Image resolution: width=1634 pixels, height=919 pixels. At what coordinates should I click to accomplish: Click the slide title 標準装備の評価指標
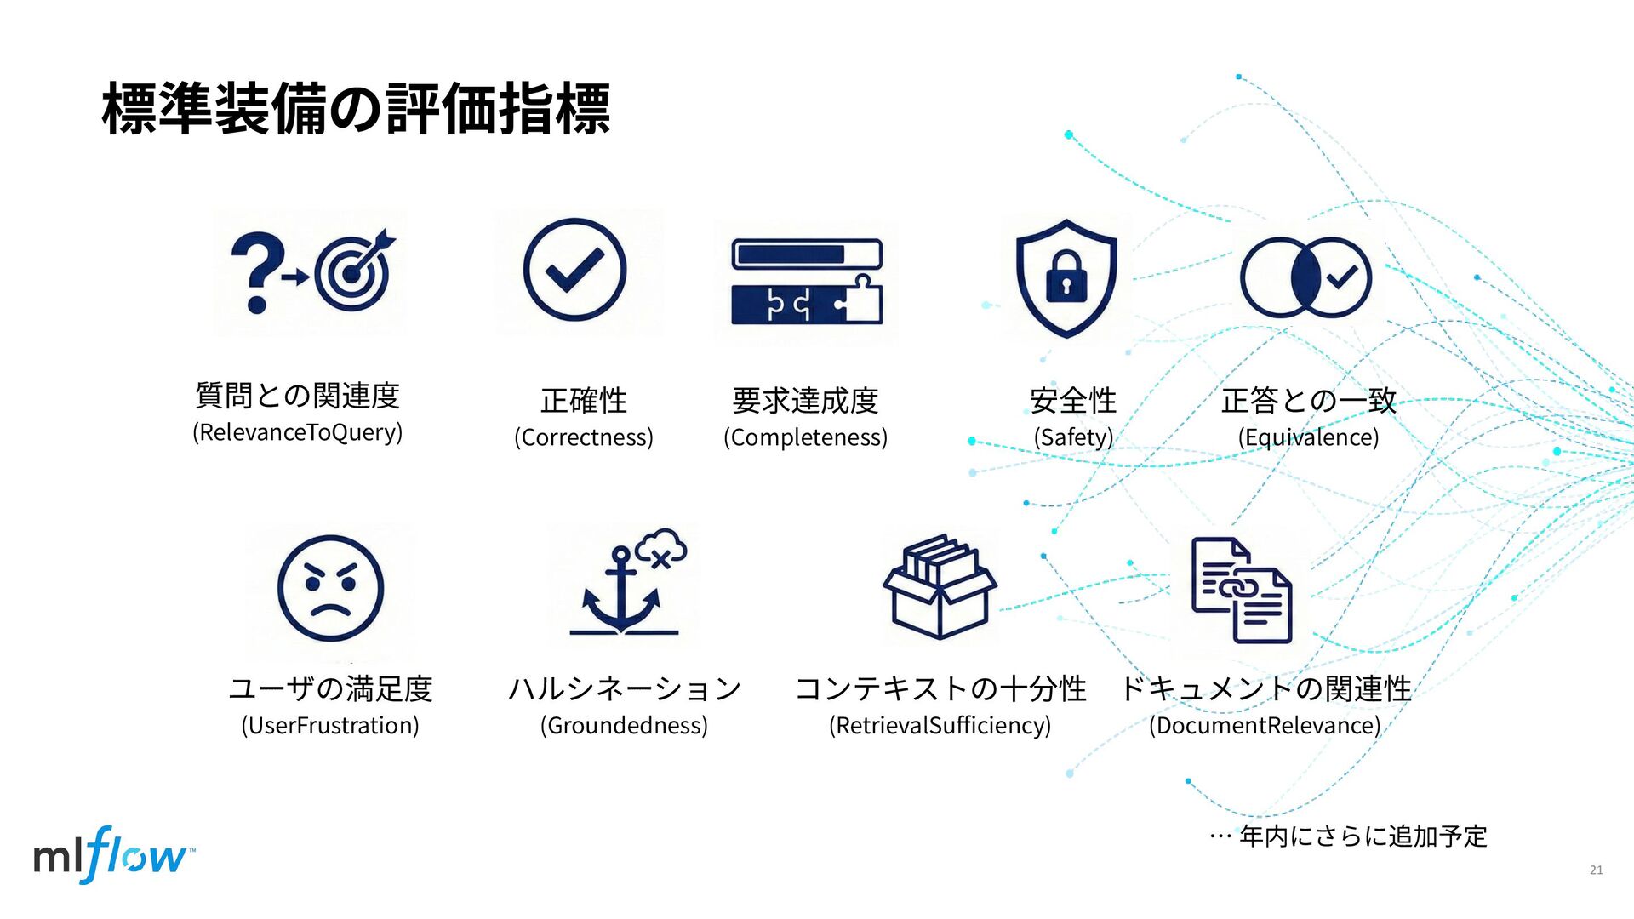point(356,109)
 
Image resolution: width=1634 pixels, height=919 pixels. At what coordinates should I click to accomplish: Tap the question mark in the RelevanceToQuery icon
point(256,271)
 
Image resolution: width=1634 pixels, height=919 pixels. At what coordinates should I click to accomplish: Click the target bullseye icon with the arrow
point(353,272)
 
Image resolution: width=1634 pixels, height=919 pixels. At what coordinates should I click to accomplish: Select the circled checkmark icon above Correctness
point(574,270)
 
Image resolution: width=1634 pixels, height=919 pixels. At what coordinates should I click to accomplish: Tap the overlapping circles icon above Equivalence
point(1305,277)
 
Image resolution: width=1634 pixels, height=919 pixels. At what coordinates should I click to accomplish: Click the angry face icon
point(331,588)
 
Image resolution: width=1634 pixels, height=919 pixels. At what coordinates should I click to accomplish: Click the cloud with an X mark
point(661,549)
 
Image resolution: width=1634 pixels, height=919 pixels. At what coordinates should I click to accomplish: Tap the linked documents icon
point(1242,590)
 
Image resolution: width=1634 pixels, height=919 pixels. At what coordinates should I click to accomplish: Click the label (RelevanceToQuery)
point(297,432)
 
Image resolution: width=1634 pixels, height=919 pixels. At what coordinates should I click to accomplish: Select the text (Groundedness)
point(624,726)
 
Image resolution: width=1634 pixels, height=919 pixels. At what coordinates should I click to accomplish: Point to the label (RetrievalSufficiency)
point(940,726)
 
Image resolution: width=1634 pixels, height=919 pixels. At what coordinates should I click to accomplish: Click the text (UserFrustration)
point(330,726)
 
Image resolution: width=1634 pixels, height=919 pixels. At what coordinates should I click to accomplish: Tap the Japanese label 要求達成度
point(805,400)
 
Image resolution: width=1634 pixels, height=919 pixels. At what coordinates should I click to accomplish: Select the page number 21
point(1596,870)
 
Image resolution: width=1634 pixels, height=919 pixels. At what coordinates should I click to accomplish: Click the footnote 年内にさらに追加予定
point(1363,836)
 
